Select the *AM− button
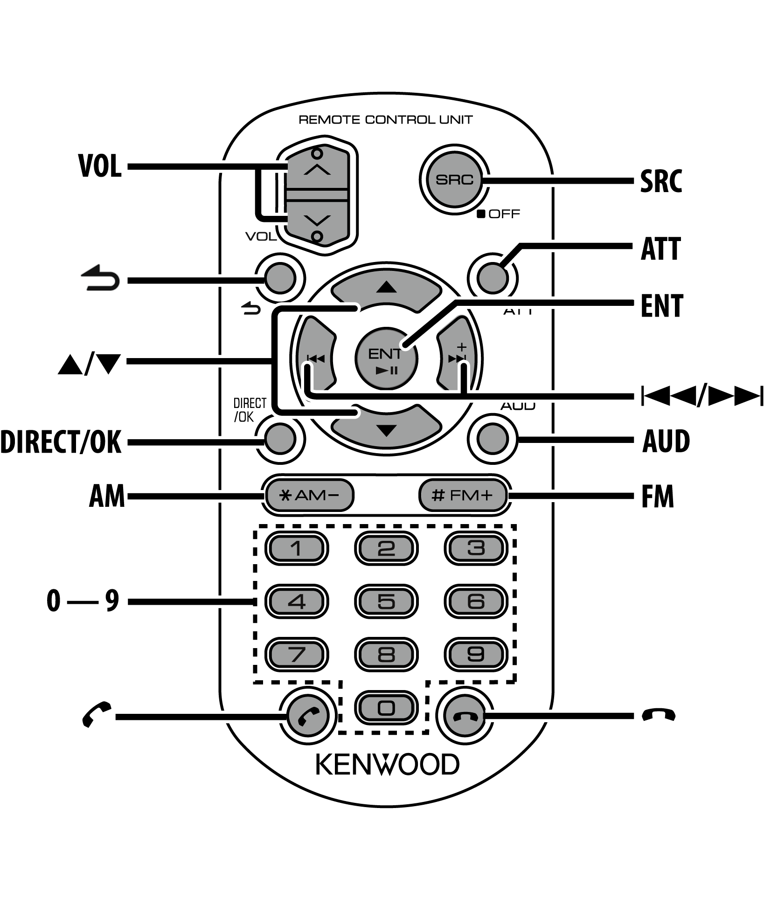pyautogui.click(x=309, y=495)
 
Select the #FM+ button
pyautogui.click(x=462, y=495)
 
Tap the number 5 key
pyautogui.click(x=386, y=601)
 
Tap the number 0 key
pyautogui.click(x=386, y=708)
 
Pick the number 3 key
pyautogui.click(x=475, y=548)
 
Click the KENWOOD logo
pyautogui.click(x=387, y=765)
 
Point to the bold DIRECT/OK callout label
pyautogui.click(x=61, y=442)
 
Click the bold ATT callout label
pyautogui.click(x=660, y=249)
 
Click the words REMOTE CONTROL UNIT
pyautogui.click(x=385, y=120)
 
